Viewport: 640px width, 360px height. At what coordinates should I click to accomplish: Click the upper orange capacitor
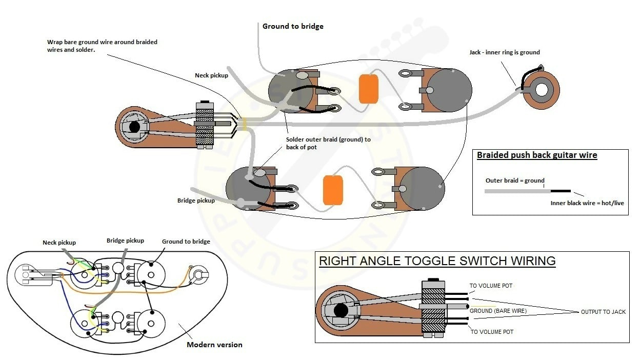(x=369, y=89)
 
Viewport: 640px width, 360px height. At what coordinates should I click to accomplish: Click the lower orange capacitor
(x=333, y=190)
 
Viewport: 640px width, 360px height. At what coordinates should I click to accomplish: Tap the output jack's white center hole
(x=541, y=90)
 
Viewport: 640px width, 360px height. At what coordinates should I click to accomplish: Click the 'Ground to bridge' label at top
(x=293, y=26)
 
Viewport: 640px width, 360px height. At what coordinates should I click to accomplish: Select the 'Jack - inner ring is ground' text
(x=505, y=52)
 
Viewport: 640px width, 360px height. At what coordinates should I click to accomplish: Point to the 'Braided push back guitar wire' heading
(x=537, y=155)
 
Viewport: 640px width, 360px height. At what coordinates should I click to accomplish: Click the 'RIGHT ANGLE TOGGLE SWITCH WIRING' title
(x=437, y=261)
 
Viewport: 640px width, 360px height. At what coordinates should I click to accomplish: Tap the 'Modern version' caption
(x=214, y=345)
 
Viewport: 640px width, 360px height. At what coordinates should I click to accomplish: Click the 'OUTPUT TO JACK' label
(x=603, y=312)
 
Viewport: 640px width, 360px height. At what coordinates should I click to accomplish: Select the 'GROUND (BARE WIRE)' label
(x=498, y=311)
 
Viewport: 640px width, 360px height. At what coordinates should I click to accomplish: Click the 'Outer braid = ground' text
(x=515, y=181)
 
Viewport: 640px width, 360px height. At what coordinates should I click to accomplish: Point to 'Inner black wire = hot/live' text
(x=587, y=203)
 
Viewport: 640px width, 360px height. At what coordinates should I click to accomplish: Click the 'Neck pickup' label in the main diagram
(x=211, y=75)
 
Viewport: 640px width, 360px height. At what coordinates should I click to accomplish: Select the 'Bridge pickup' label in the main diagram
(x=196, y=201)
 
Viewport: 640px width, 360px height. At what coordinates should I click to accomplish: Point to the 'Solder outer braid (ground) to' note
(x=328, y=139)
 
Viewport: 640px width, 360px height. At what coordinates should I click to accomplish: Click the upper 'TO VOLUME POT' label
(x=491, y=286)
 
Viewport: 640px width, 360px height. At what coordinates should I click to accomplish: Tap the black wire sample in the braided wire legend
(x=561, y=191)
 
